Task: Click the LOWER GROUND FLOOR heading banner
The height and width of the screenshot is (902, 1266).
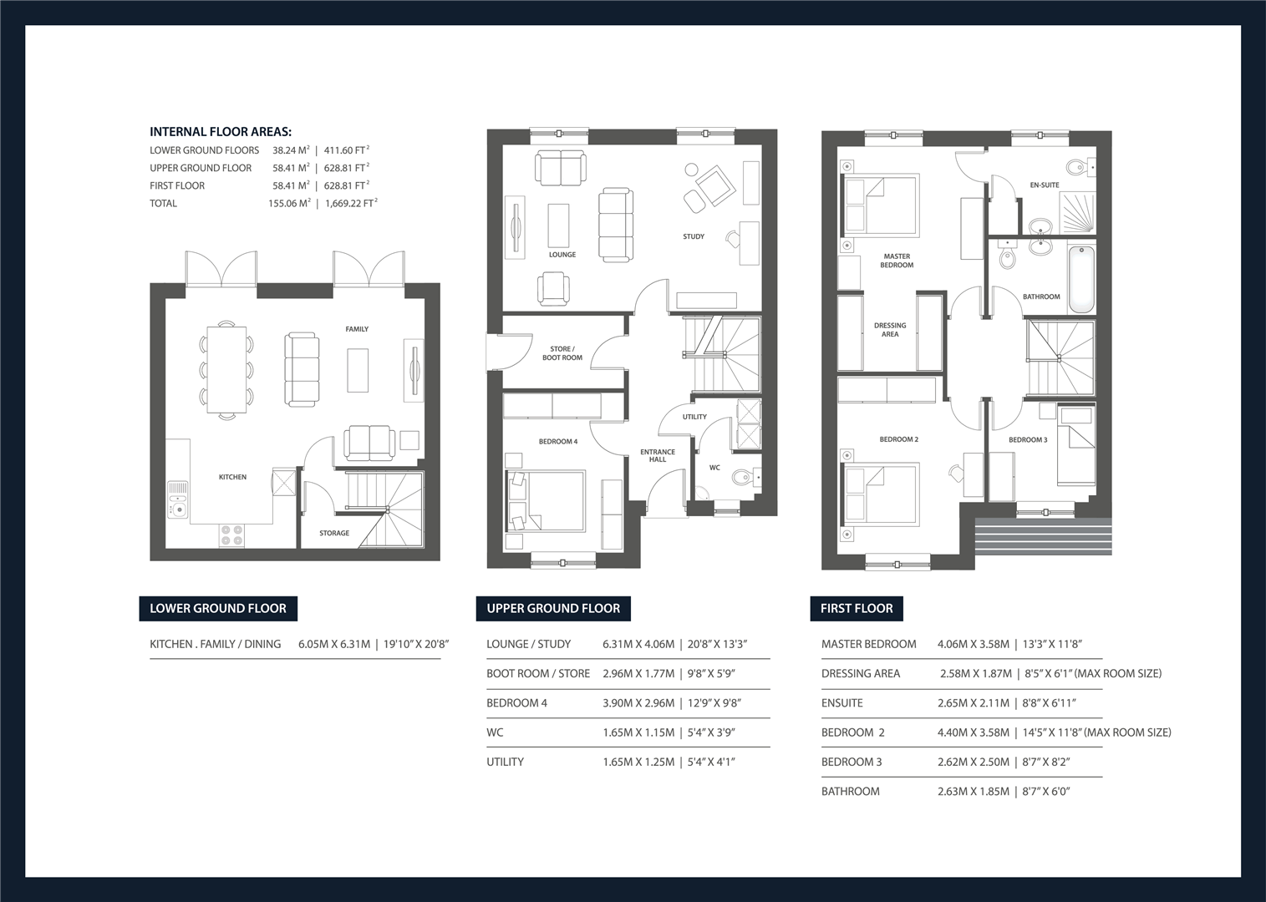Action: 218,608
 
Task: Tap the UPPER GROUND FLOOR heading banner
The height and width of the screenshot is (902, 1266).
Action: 553,608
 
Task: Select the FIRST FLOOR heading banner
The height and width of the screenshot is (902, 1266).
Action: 857,608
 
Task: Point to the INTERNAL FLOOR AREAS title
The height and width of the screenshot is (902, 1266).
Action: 221,132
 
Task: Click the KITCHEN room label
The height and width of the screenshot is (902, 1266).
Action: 232,477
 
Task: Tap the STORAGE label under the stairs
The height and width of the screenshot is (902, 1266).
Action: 334,533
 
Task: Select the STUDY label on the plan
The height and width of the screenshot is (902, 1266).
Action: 694,236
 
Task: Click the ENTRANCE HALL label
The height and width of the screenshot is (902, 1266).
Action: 658,455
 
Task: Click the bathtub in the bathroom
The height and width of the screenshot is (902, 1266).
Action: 1081,279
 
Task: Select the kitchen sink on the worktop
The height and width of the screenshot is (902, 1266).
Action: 178,499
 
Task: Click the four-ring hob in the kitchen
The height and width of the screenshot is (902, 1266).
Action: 231,535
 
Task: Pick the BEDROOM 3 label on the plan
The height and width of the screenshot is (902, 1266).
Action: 1028,439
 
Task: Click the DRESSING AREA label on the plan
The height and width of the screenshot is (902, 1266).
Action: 890,330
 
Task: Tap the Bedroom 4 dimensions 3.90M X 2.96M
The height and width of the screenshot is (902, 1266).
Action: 638,703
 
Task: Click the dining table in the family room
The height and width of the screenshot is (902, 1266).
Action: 226,368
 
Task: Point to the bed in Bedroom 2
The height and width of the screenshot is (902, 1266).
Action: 882,494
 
